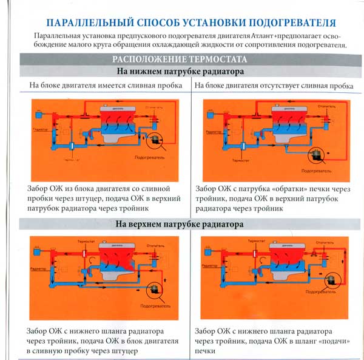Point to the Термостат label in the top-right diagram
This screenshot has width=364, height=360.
(241, 160)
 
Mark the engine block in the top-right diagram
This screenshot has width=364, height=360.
(285, 124)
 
